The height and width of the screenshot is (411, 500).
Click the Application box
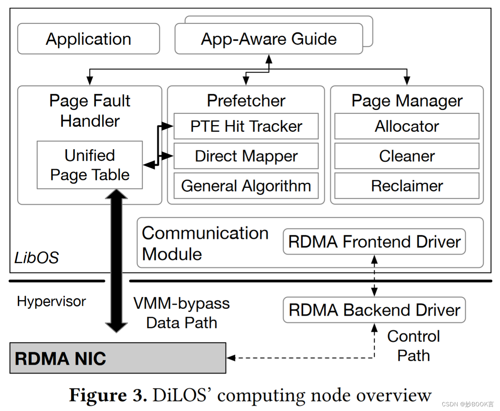[x=89, y=39]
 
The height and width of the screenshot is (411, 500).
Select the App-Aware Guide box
[x=269, y=39]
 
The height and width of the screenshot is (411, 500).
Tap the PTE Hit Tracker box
[x=246, y=126]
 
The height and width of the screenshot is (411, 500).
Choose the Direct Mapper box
[x=246, y=156]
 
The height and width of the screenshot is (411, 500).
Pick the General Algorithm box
[x=246, y=186]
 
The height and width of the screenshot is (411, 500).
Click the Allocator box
[x=407, y=126]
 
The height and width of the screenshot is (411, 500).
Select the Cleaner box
[x=407, y=156]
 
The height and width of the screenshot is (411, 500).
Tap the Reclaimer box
[x=407, y=186]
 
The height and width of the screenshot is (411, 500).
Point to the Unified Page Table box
[x=90, y=165]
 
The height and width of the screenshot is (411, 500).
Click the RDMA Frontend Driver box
[x=374, y=242]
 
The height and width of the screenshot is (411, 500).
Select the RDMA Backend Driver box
[x=374, y=310]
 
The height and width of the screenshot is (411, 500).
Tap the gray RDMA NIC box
[x=117, y=358]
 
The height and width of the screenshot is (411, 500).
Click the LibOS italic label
[x=36, y=258]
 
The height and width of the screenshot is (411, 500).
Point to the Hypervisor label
[x=51, y=301]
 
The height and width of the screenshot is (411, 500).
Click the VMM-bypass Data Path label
[x=181, y=313]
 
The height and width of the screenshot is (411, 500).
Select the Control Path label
[x=413, y=346]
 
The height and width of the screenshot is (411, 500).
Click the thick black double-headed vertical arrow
[x=116, y=261]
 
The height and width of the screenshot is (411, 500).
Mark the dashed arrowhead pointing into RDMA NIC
[x=231, y=358]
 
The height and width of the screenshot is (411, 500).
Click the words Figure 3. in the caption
[x=108, y=395]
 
